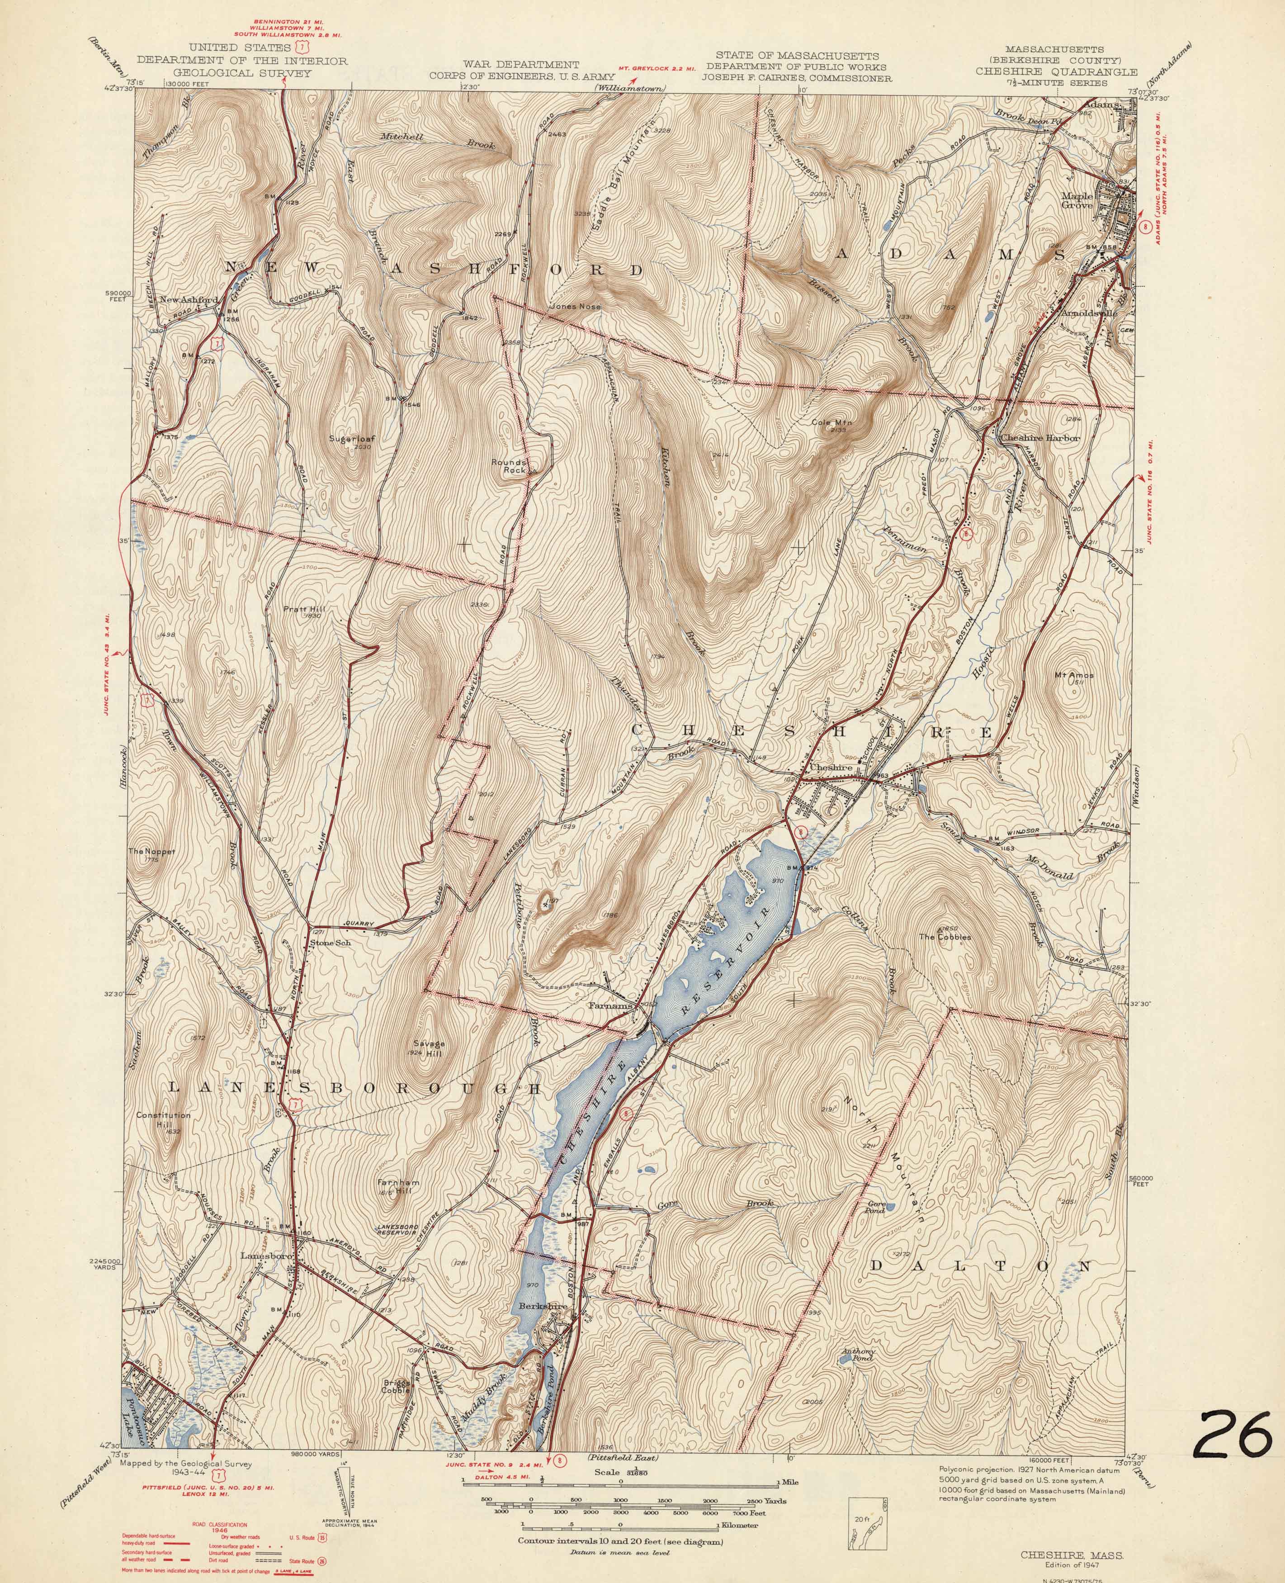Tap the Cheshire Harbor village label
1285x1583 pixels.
(x=1040, y=438)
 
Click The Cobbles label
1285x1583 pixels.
(x=945, y=937)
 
